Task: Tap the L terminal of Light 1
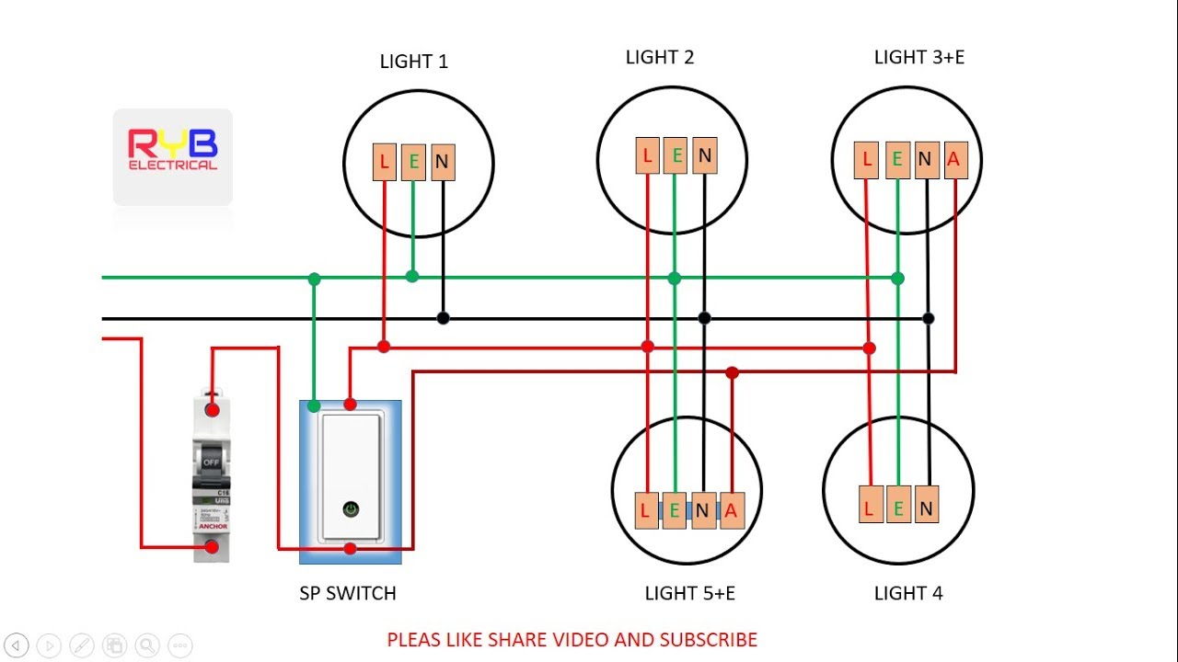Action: click(x=384, y=163)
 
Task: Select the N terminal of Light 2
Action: click(x=704, y=155)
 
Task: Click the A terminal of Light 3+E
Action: click(x=953, y=160)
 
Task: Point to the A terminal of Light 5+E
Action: click(x=731, y=510)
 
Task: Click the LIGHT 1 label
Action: click(x=414, y=62)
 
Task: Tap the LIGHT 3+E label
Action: click(x=918, y=57)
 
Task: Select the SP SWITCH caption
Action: click(x=348, y=593)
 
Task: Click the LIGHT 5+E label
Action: click(x=689, y=593)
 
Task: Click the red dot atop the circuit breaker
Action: click(x=212, y=409)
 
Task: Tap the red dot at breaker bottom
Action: click(x=212, y=547)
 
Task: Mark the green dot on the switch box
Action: click(x=314, y=405)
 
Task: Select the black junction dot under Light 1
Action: click(x=443, y=318)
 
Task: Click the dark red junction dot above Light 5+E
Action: click(x=732, y=372)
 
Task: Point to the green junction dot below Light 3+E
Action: click(x=897, y=278)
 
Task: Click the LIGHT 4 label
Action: click(x=907, y=593)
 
